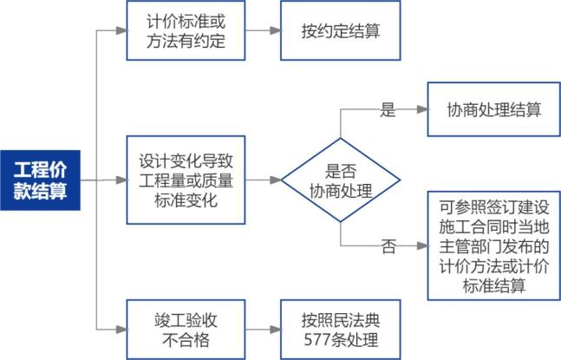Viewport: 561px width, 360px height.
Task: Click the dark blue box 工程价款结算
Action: [x=40, y=179]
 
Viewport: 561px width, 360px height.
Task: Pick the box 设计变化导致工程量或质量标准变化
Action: [x=181, y=180]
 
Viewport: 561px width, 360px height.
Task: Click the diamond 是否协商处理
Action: [x=341, y=180]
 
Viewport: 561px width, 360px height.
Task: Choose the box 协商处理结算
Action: [x=494, y=109]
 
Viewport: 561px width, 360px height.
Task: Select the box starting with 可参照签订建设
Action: [x=494, y=248]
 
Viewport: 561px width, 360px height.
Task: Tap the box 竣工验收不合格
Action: [x=181, y=328]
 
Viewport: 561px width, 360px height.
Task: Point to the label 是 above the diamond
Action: [x=388, y=110]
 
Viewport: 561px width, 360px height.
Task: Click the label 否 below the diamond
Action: [x=388, y=246]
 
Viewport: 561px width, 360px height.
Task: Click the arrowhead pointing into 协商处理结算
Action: [x=422, y=110]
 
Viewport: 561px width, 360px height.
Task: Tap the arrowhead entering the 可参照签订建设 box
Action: [x=422, y=246]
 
